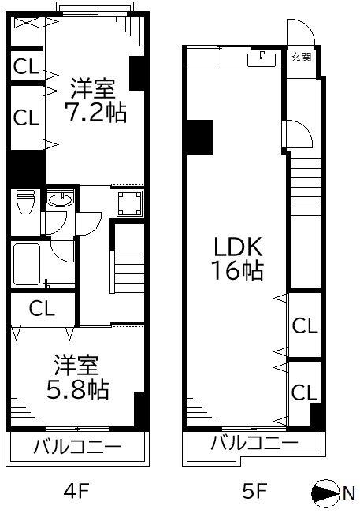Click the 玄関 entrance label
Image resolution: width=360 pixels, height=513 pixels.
pos(301,58)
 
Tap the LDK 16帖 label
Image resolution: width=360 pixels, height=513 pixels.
pos(238,258)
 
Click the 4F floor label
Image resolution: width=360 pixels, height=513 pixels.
pos(76,490)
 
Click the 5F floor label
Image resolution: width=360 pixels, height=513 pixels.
pos(254,490)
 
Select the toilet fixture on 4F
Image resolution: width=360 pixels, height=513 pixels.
pos(25,201)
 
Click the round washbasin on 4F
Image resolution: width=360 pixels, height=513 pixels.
pos(60,199)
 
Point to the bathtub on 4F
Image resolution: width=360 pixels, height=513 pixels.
pos(27,264)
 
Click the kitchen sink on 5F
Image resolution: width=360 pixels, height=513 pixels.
pos(262,59)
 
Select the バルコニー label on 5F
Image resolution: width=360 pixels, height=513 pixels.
pos(254,443)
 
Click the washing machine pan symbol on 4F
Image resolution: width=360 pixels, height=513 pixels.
pos(130,203)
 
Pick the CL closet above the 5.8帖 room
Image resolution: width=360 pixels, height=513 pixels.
pos(42,308)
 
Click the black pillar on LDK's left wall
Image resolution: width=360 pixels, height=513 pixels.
pos(199,137)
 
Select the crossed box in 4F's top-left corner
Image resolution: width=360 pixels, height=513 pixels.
pos(27,23)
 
